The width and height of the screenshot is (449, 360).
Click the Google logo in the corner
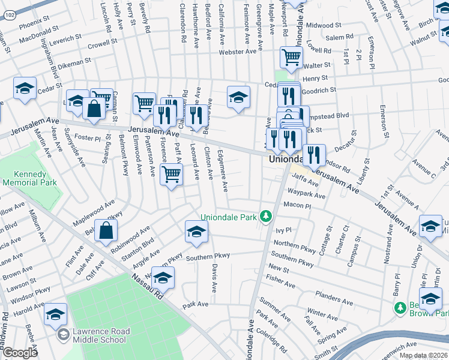[x=19, y=353]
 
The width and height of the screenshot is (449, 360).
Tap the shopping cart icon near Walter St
[x=291, y=58]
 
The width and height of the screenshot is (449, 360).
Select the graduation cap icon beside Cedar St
[x=25, y=88]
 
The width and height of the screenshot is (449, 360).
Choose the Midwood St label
[x=324, y=26]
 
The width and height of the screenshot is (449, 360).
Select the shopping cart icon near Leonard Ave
[x=172, y=175]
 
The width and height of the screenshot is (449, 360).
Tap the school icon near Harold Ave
[x=55, y=314]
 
